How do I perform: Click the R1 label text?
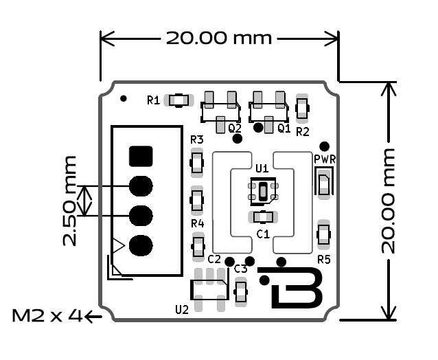pyautogui.click(x=153, y=100)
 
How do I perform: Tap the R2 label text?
pyautogui.click(x=303, y=131)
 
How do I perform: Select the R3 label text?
pyautogui.click(x=197, y=140)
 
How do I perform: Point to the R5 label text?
pyautogui.click(x=324, y=260)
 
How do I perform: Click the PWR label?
pyautogui.click(x=324, y=159)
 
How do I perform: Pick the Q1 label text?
pyautogui.click(x=284, y=128)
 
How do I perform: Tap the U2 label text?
pyautogui.click(x=182, y=309)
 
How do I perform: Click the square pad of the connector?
pyautogui.click(x=141, y=156)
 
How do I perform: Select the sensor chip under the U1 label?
pyautogui.click(x=263, y=191)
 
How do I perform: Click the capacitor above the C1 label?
pyautogui.click(x=263, y=218)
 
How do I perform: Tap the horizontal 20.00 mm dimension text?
pyautogui.click(x=219, y=37)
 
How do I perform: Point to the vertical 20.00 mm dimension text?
pyautogui.click(x=389, y=200)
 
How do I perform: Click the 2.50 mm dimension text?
pyautogui.click(x=69, y=201)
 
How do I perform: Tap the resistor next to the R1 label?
pyautogui.click(x=179, y=100)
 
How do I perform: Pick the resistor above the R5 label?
pyautogui.click(x=324, y=234)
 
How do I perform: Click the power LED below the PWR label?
pyautogui.click(x=323, y=183)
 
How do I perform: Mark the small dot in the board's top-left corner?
pyautogui.click(x=123, y=98)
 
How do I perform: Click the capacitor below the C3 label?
pyautogui.click(x=240, y=293)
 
